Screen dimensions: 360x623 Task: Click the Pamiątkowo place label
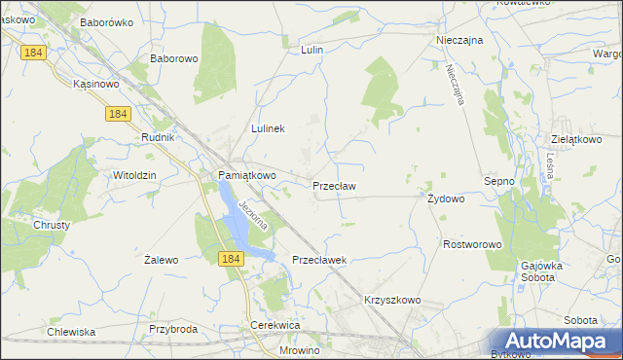[x=245, y=175]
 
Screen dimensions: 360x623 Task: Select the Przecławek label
[x=320, y=260]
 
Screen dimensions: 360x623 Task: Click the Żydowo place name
[x=446, y=198]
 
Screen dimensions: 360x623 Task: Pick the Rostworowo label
[x=471, y=244]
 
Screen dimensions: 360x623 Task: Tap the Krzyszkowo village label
[x=392, y=300]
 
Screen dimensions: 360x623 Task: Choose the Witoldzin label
[x=135, y=175]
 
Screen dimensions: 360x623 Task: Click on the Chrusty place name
[x=52, y=224]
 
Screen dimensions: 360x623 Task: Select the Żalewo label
[x=161, y=260]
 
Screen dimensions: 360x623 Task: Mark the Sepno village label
[x=498, y=181]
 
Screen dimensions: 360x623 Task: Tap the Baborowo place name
[x=174, y=58]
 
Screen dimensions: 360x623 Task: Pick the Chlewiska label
[x=71, y=332]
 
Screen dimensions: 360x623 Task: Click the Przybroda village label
[x=173, y=329]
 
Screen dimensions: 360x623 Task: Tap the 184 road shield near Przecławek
[x=230, y=258]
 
